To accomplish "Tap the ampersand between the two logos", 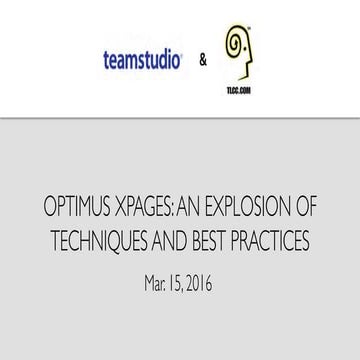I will click(204, 60).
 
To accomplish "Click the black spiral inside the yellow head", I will click(237, 45).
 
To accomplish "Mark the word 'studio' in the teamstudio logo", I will click(158, 60).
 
